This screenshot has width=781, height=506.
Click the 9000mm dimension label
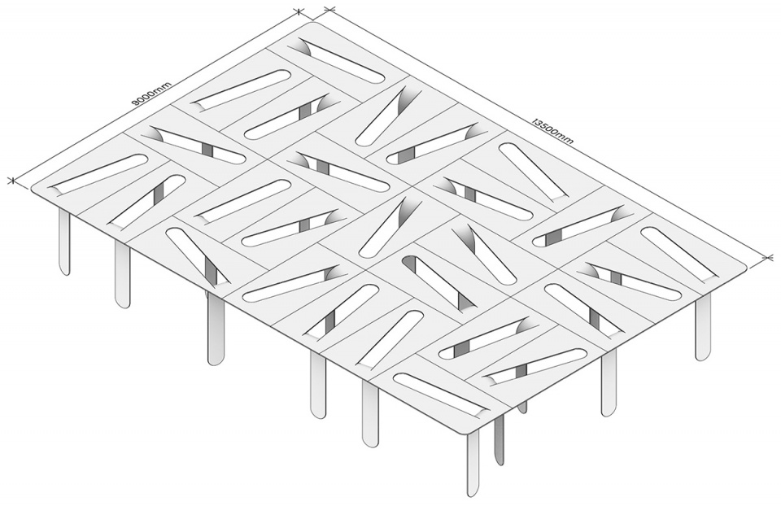[151, 94]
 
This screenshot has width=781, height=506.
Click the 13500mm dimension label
[553, 130]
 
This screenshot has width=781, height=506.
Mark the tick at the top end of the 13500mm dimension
[329, 9]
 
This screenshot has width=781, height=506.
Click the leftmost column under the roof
[63, 242]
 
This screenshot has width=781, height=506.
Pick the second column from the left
[122, 274]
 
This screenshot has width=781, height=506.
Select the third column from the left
[215, 329]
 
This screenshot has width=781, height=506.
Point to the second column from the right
[609, 382]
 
